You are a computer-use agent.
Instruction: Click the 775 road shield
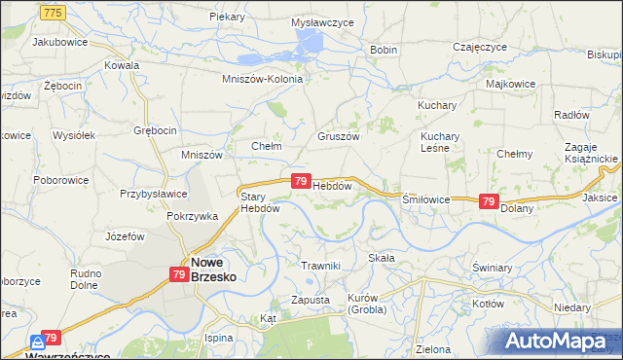[54, 11]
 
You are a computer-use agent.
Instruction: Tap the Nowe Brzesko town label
[214, 269]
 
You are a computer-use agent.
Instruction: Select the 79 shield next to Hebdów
[301, 181]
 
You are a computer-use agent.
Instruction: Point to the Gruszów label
[339, 137]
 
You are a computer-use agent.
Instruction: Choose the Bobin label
[383, 50]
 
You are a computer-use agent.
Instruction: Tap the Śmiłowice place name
[426, 198]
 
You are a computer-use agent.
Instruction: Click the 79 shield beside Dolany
[489, 200]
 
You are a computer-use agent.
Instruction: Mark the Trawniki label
[320, 266]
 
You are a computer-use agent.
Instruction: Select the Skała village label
[381, 258]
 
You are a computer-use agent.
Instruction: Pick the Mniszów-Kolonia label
[263, 79]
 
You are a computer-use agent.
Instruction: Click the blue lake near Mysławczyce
[309, 41]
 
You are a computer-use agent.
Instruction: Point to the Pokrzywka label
[192, 216]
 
